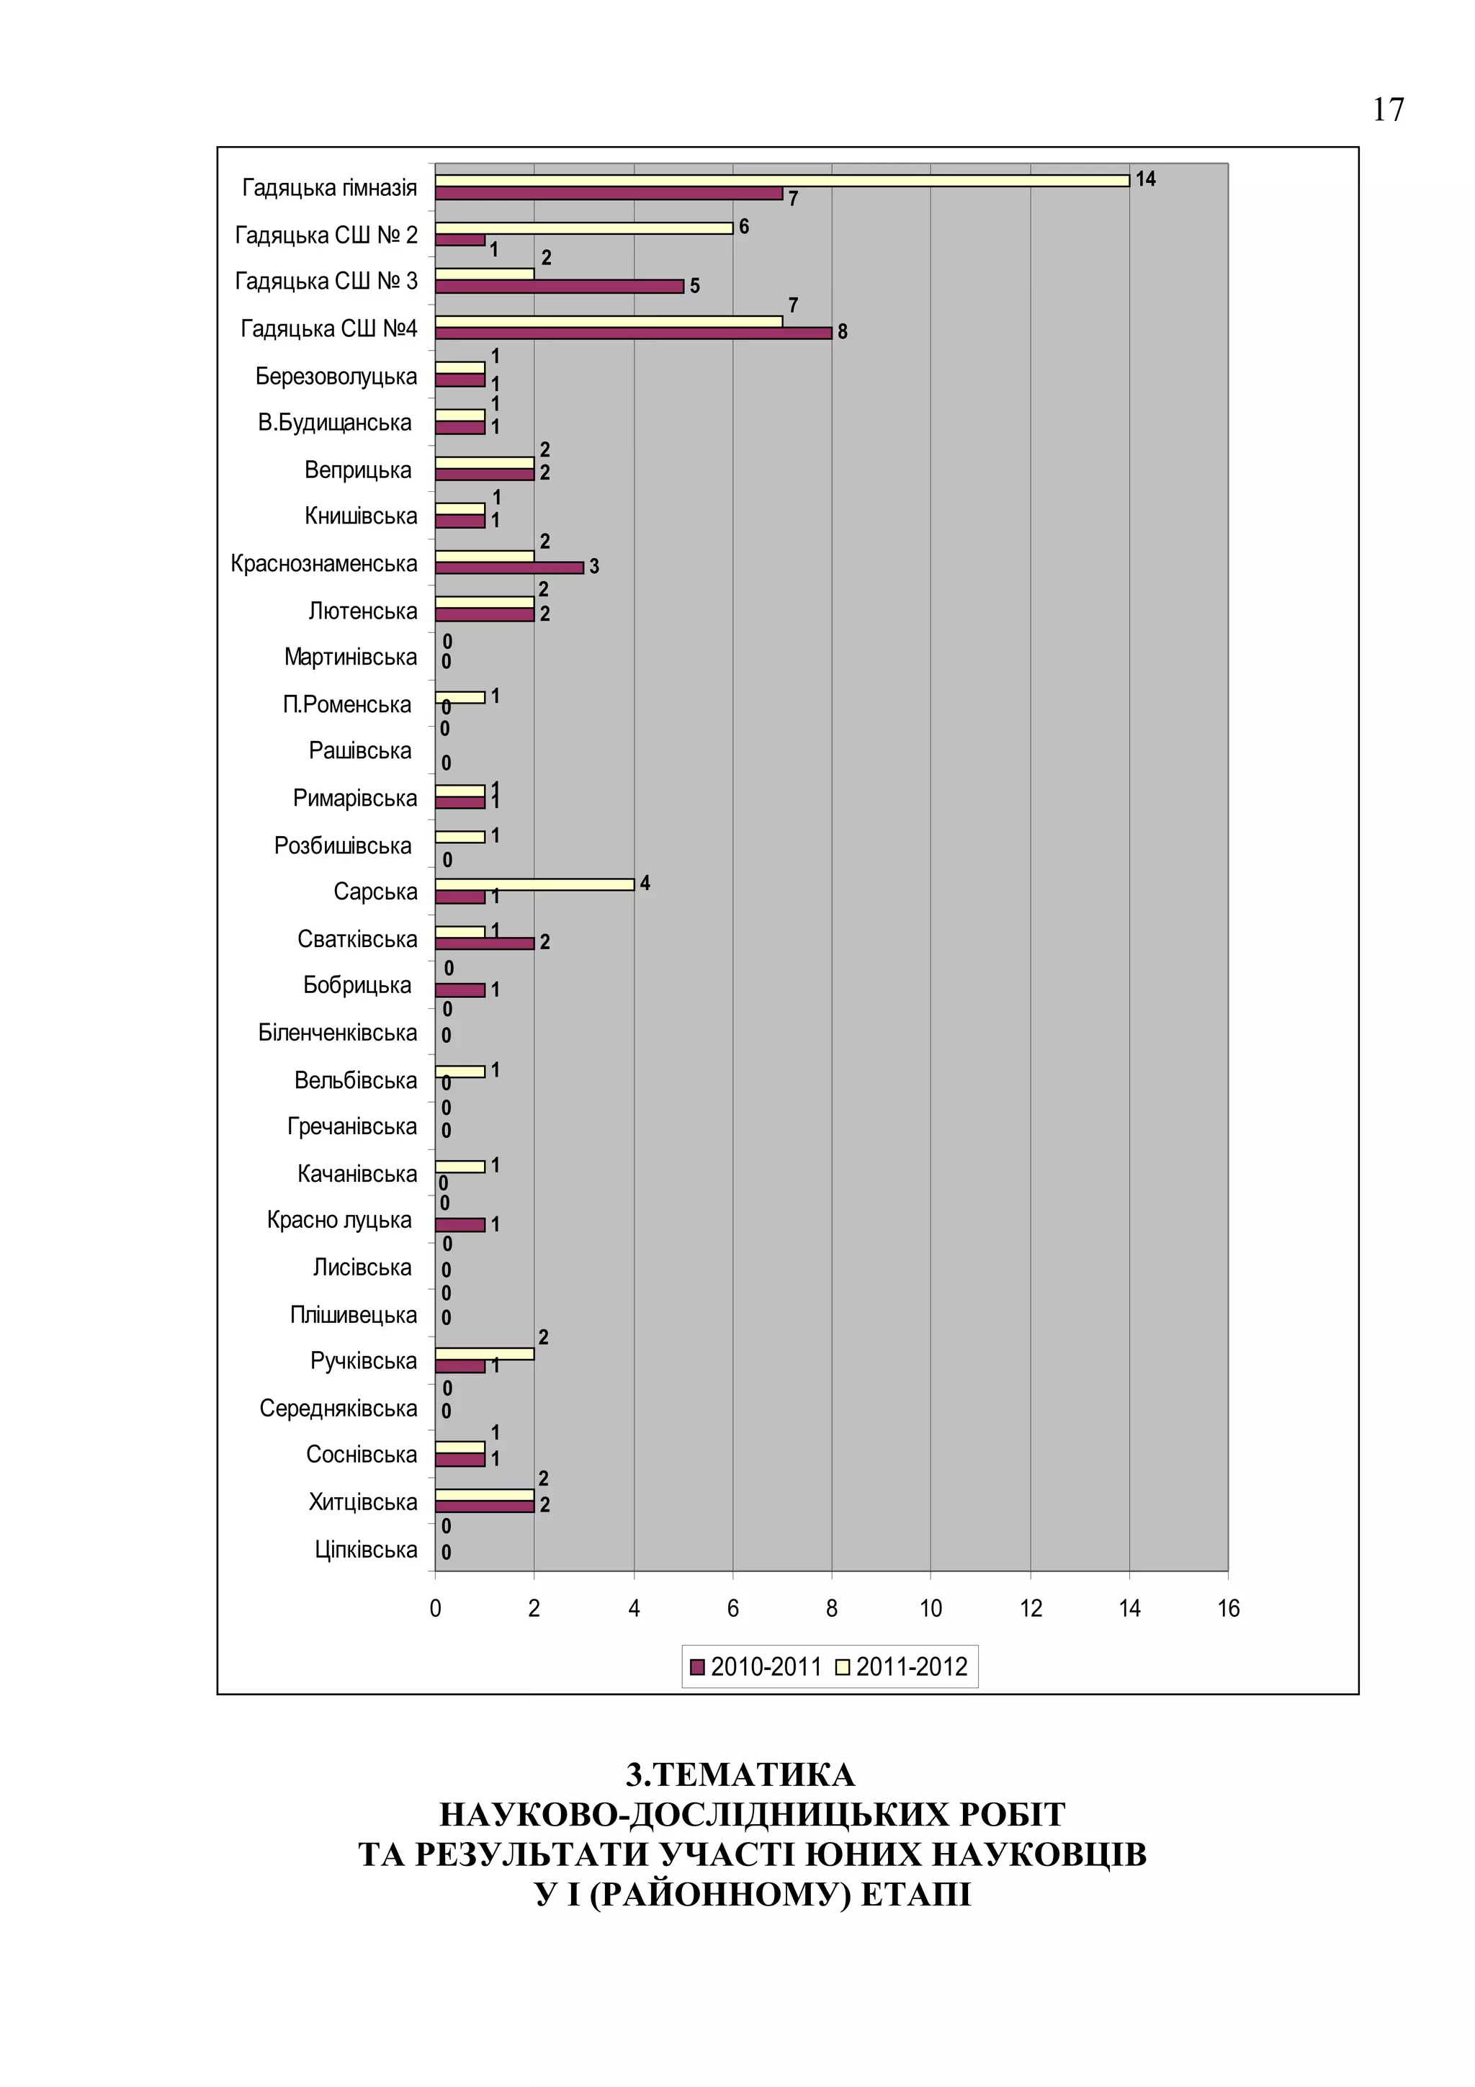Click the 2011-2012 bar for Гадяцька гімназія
[x=781, y=181]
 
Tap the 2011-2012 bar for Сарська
[x=534, y=884]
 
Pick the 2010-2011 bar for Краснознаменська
[x=509, y=568]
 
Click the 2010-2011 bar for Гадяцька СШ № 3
[x=559, y=287]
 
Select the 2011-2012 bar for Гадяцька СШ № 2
[x=583, y=228]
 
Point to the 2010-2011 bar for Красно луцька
[x=460, y=1225]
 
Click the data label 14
[x=1145, y=179]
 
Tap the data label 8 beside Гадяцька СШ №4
[x=843, y=333]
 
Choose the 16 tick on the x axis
[x=1228, y=1609]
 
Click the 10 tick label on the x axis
[x=931, y=1609]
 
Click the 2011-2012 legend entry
[x=902, y=1667]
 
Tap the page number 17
[x=1388, y=110]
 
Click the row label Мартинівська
[x=350, y=657]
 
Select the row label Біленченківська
[x=337, y=1033]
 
